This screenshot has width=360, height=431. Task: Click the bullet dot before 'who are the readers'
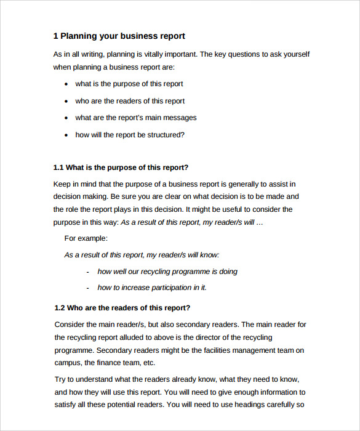[x=66, y=101]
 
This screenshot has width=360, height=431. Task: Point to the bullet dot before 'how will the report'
[x=66, y=135]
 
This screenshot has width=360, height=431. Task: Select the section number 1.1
[x=58, y=167]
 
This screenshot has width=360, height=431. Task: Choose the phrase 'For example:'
[x=86, y=238]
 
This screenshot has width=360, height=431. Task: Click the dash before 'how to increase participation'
[x=89, y=288]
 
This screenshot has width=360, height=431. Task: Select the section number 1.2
[x=60, y=308]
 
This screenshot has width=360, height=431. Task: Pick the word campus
[x=67, y=363]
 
